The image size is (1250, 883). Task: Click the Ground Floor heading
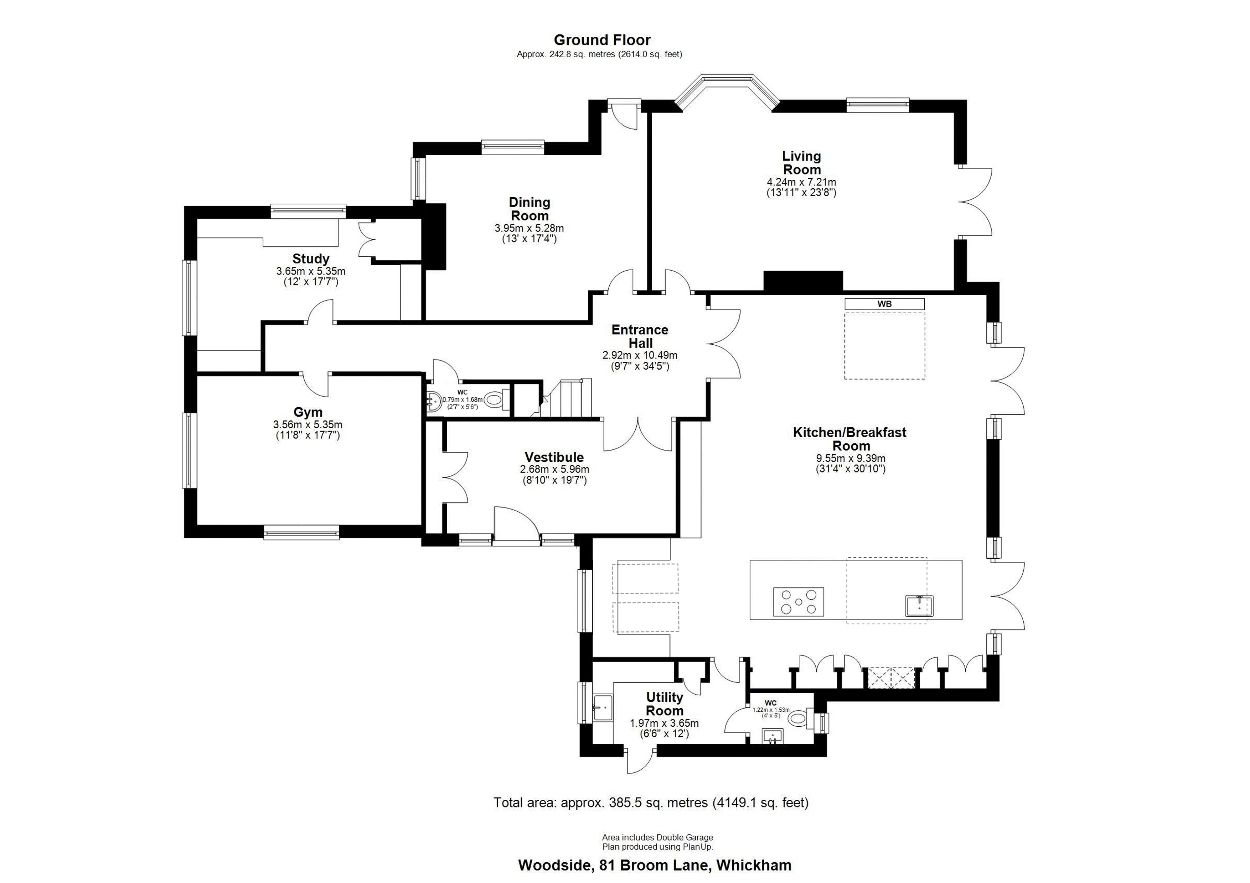(602, 40)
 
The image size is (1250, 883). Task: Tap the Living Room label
(801, 163)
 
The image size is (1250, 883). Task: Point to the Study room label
(311, 258)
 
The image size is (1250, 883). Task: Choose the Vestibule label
(554, 457)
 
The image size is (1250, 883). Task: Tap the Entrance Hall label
(640, 336)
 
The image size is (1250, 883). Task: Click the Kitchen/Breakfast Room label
(850, 439)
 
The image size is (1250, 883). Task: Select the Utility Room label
(665, 704)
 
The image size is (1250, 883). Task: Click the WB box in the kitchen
(885, 304)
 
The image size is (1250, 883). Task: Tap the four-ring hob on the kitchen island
(799, 602)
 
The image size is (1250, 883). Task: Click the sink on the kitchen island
(919, 606)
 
